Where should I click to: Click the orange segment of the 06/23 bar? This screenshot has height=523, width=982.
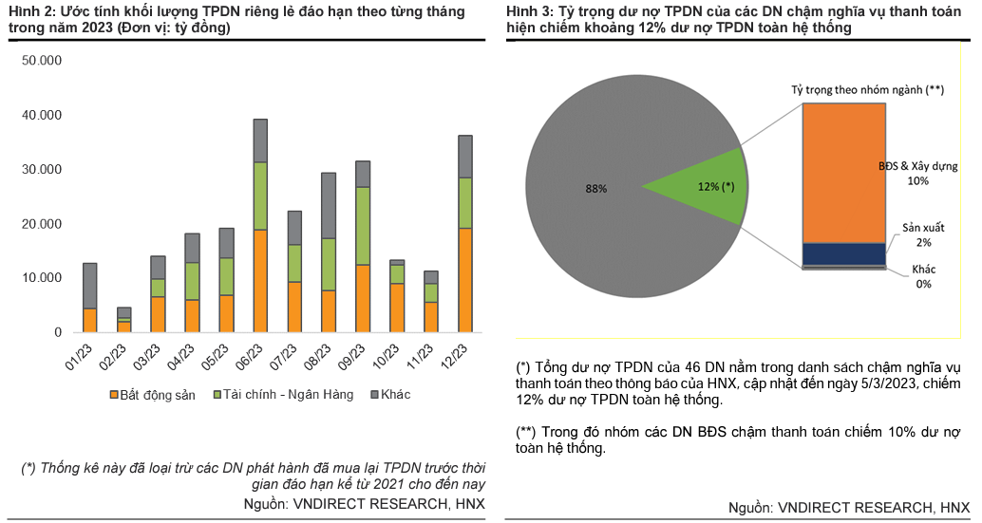coord(260,281)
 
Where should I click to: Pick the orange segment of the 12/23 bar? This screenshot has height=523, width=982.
coord(465,280)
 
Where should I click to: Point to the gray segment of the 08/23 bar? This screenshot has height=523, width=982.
coord(329,205)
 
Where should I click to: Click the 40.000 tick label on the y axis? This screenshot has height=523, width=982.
coord(42,115)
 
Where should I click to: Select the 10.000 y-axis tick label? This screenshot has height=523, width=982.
coord(42,278)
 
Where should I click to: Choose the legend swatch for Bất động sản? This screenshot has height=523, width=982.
coord(115,394)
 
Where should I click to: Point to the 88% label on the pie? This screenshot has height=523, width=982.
coord(595,189)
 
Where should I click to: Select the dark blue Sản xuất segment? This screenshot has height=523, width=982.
coord(843,253)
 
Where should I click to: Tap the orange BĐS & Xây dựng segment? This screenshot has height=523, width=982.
coord(843,172)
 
